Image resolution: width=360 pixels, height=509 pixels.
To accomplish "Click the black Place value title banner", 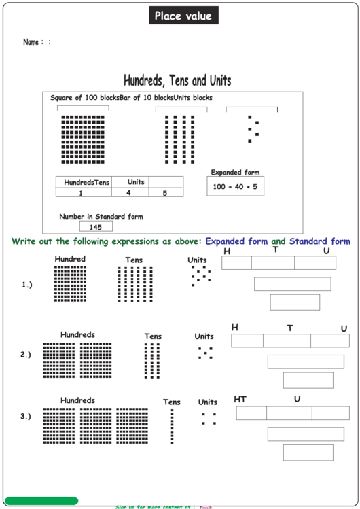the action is tap(183, 16).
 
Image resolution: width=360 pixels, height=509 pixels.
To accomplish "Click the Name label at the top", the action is tap(31, 42).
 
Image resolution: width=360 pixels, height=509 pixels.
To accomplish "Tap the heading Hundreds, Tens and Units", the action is tap(177, 81).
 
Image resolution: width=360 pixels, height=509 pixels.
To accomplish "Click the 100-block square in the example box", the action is tap(83, 139).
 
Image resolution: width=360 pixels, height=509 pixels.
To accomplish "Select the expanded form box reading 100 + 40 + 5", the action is tap(235, 186).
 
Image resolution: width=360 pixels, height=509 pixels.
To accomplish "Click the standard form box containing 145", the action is tap(96, 227).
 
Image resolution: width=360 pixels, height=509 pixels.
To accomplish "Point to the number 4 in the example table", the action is tap(128, 193).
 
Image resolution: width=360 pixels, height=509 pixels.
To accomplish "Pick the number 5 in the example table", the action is tap(164, 193).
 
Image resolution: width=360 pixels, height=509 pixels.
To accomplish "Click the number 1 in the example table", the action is tap(81, 193).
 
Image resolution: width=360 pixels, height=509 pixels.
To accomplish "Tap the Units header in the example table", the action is tap(136, 182).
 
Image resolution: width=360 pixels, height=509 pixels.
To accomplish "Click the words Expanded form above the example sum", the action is tap(235, 173).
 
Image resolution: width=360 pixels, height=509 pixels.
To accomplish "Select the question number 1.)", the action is tap(26, 285).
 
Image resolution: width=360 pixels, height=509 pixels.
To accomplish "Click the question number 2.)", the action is tap(26, 355).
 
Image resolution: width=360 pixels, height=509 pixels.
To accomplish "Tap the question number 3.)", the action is tap(26, 417).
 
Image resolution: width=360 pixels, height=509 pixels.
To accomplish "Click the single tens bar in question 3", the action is tap(172, 426).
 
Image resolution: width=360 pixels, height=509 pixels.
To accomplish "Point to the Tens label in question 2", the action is tap(153, 336).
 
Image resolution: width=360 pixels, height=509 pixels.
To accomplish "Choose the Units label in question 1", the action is tap(197, 260).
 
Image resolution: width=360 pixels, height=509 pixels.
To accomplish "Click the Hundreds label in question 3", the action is tap(77, 401).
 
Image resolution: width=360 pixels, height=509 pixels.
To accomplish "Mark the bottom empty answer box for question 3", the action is tap(308, 453).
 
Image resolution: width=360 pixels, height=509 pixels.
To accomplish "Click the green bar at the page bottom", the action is tap(41, 501).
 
